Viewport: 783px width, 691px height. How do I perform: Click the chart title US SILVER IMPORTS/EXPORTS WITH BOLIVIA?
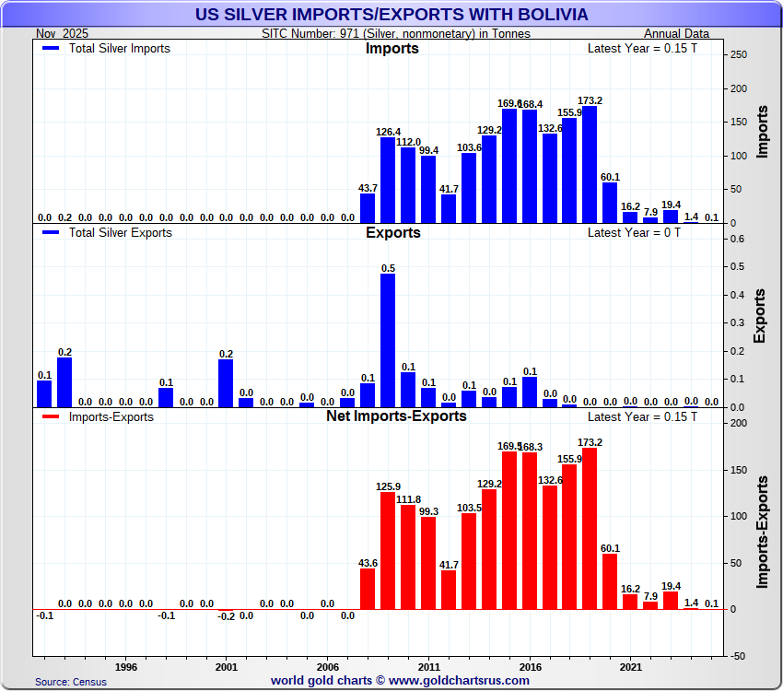(x=391, y=15)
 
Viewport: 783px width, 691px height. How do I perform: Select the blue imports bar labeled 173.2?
(x=590, y=165)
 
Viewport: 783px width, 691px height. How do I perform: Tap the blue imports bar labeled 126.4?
(x=388, y=181)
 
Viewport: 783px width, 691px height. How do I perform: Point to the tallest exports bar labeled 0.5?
(x=388, y=341)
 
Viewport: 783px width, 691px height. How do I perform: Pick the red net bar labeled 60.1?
(x=610, y=581)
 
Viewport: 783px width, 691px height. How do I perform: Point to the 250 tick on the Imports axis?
(x=738, y=55)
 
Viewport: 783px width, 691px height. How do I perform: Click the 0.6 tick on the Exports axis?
(x=737, y=239)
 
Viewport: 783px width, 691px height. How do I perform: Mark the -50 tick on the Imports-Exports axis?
(x=737, y=656)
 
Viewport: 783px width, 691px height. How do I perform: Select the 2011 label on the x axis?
(x=428, y=665)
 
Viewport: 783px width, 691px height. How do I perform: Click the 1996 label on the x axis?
(x=126, y=665)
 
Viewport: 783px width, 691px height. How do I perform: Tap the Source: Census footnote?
(x=71, y=682)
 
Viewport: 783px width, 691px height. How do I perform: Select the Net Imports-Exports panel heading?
(x=396, y=416)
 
